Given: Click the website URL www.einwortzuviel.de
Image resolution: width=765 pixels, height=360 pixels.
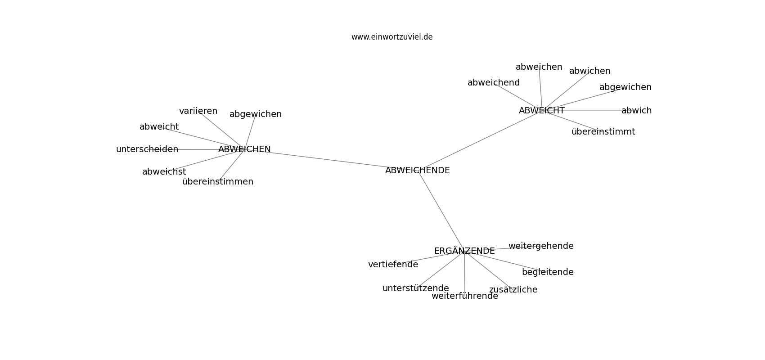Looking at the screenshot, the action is [x=391, y=37].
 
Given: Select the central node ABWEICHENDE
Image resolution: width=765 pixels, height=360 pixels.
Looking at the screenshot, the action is [x=417, y=171].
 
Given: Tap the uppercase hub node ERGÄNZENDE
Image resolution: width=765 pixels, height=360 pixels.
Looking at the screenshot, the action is [x=464, y=251].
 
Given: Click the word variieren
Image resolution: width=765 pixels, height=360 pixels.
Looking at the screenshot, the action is [x=198, y=111].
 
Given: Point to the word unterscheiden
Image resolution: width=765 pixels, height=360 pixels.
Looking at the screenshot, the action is [x=147, y=149].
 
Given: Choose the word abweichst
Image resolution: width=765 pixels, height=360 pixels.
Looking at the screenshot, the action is [x=164, y=172].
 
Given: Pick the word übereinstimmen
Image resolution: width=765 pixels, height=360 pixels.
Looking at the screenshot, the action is [x=218, y=181].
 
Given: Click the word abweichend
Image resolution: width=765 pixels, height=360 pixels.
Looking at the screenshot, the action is [x=494, y=83].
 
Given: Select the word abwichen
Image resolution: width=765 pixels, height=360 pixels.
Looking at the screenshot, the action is [x=590, y=71].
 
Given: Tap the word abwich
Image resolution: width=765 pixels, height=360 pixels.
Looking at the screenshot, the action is [x=637, y=111].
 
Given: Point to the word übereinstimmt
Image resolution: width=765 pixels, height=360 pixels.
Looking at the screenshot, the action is [x=603, y=131].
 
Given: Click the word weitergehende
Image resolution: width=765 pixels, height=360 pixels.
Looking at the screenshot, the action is [x=541, y=246].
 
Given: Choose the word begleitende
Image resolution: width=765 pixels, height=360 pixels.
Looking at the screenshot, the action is [x=548, y=272].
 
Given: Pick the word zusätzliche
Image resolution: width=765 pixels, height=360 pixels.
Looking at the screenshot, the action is [x=513, y=290].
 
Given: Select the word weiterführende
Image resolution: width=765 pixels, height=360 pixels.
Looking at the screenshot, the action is [x=465, y=296].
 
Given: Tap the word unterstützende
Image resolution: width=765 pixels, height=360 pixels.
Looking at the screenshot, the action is [x=416, y=288].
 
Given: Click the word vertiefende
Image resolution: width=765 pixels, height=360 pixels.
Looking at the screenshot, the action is [x=393, y=264].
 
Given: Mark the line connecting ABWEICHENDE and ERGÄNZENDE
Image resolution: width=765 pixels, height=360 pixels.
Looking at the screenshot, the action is [x=441, y=211].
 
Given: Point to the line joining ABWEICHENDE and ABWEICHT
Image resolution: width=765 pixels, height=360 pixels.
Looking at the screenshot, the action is [x=480, y=140].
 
